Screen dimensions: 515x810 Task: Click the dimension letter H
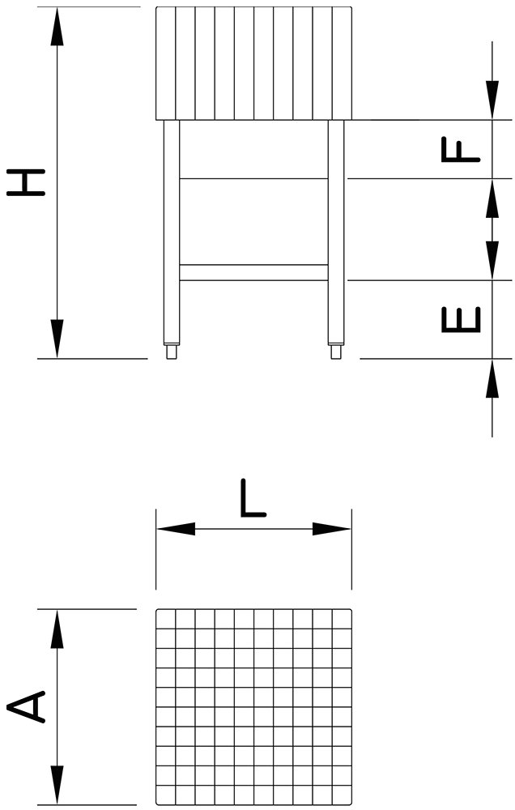pyautogui.click(x=26, y=182)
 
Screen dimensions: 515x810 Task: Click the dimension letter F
pyautogui.click(x=461, y=149)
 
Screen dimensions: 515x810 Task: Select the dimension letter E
pyautogui.click(x=461, y=319)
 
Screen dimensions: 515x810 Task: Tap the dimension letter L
pyautogui.click(x=253, y=498)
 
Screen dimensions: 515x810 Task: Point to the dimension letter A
pyautogui.click(x=26, y=706)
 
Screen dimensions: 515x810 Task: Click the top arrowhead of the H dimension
pyautogui.click(x=57, y=27)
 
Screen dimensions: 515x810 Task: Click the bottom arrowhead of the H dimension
pyautogui.click(x=57, y=339)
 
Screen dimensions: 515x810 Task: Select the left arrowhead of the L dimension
pyautogui.click(x=177, y=529)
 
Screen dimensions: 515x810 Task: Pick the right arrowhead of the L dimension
pyautogui.click(x=332, y=529)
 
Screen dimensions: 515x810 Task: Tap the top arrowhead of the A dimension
pyautogui.click(x=57, y=629)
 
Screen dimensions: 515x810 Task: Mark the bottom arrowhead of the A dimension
pyautogui.click(x=57, y=785)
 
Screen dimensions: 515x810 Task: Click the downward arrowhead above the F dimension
pyautogui.click(x=492, y=100)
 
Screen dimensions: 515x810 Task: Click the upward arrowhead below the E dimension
pyautogui.click(x=492, y=378)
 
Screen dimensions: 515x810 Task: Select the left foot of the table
pyautogui.click(x=172, y=352)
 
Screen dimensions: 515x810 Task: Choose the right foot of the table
pyautogui.click(x=336, y=352)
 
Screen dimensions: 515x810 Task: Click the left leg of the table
pyautogui.click(x=172, y=232)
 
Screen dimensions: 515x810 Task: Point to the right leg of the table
pyautogui.click(x=336, y=232)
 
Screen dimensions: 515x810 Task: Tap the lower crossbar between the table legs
pyautogui.click(x=253, y=273)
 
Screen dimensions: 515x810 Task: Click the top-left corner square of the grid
pyautogui.click(x=166, y=619)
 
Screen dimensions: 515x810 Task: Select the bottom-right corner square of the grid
pyautogui.click(x=342, y=795)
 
